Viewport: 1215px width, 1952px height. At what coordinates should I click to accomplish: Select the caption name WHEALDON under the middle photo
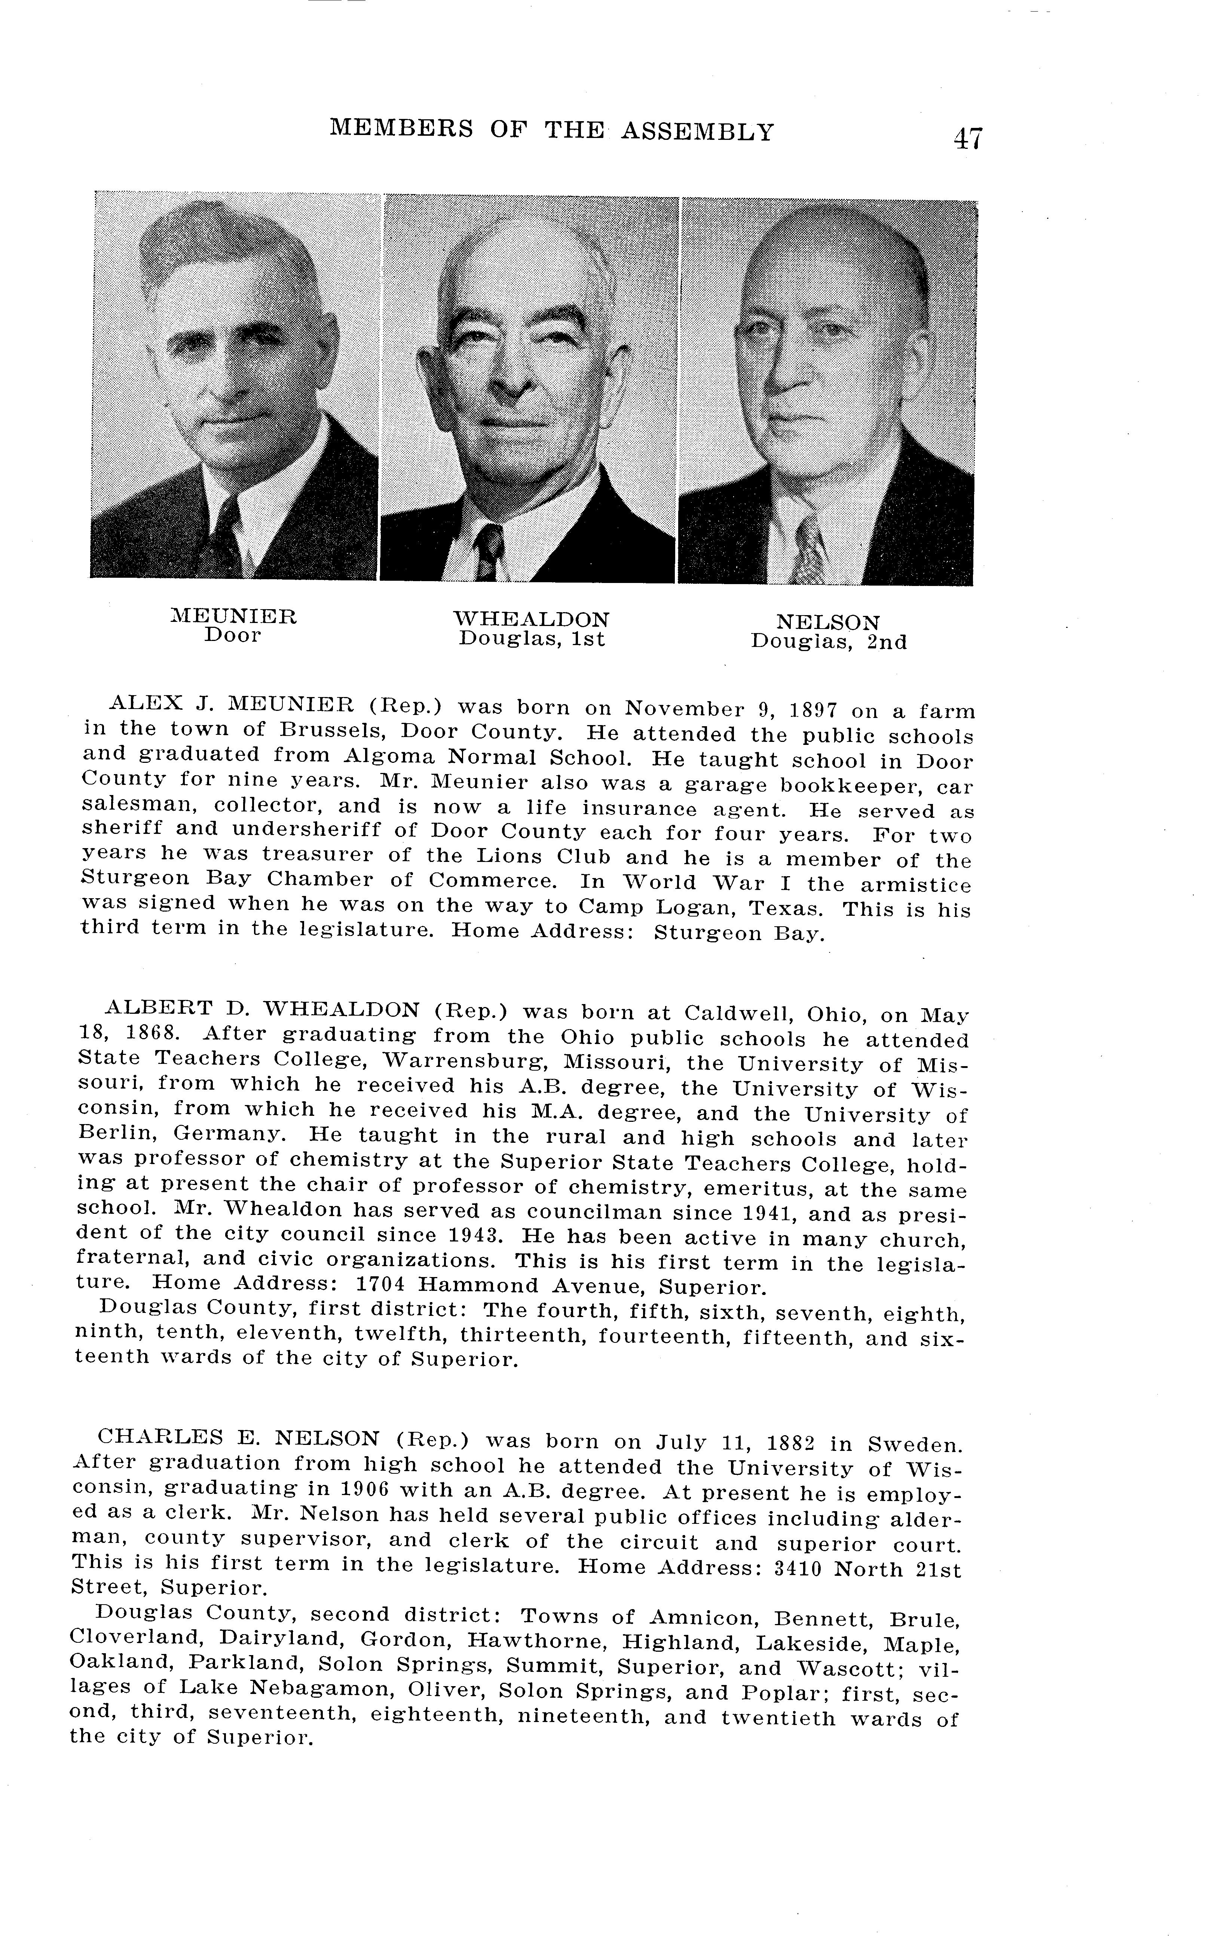tap(531, 619)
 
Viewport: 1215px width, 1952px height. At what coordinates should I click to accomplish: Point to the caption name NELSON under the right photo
tap(828, 623)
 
